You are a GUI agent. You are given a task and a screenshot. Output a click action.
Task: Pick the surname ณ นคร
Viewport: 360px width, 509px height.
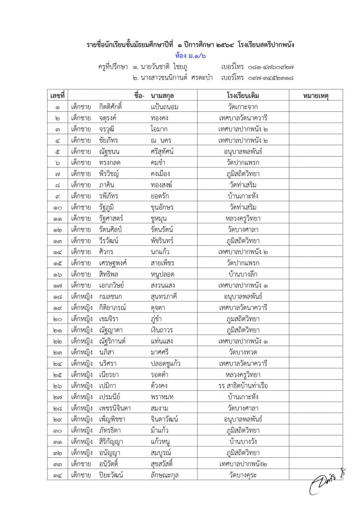click(x=161, y=140)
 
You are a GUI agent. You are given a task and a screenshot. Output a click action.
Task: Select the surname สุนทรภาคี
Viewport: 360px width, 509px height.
click(x=168, y=296)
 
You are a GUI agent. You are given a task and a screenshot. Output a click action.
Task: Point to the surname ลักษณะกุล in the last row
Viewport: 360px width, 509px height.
click(x=168, y=474)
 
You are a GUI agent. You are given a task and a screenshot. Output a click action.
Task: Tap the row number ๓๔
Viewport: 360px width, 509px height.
click(x=58, y=474)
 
